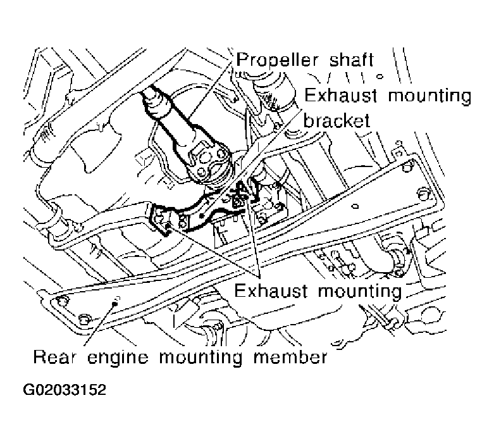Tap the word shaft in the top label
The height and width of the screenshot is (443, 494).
[351, 59]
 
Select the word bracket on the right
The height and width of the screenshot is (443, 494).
[337, 120]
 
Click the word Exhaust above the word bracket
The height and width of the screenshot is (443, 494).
[340, 96]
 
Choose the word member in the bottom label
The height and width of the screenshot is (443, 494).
[290, 357]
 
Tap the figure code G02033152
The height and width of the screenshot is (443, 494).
[65, 390]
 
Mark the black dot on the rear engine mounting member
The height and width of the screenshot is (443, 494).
[114, 303]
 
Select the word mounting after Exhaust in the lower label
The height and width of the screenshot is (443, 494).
[359, 291]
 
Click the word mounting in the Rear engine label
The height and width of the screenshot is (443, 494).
[201, 358]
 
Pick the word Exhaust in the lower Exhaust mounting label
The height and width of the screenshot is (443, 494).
[271, 290]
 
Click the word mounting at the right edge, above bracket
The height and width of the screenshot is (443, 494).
[429, 96]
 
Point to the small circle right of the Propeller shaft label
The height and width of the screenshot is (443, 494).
[380, 77]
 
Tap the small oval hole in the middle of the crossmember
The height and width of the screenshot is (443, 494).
[355, 207]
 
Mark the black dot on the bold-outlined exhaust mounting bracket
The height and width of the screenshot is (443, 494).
[201, 216]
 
